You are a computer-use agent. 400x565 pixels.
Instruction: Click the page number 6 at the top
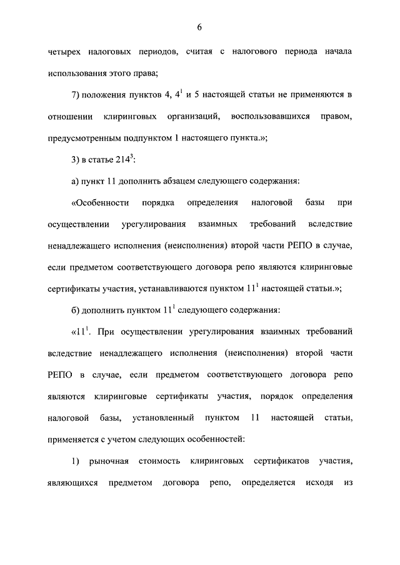point(199,27)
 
